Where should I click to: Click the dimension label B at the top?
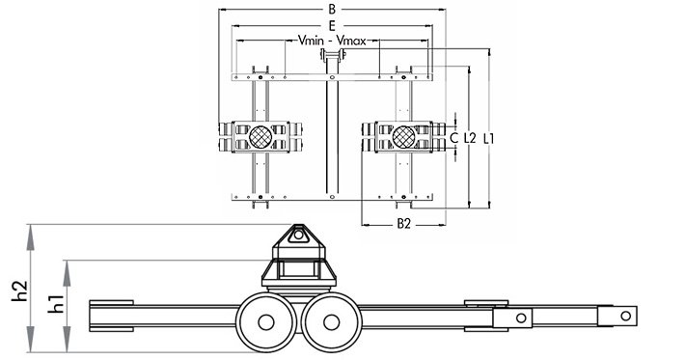(x=332, y=10)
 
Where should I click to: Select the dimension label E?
(x=332, y=26)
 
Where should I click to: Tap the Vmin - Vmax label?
(x=332, y=41)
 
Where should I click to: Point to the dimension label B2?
(x=404, y=224)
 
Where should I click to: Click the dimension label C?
(x=454, y=138)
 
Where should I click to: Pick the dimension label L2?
(x=470, y=138)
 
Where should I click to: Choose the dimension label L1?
(x=489, y=138)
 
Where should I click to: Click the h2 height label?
(x=20, y=291)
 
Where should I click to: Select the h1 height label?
(x=56, y=304)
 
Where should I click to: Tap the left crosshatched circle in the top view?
(x=260, y=137)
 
